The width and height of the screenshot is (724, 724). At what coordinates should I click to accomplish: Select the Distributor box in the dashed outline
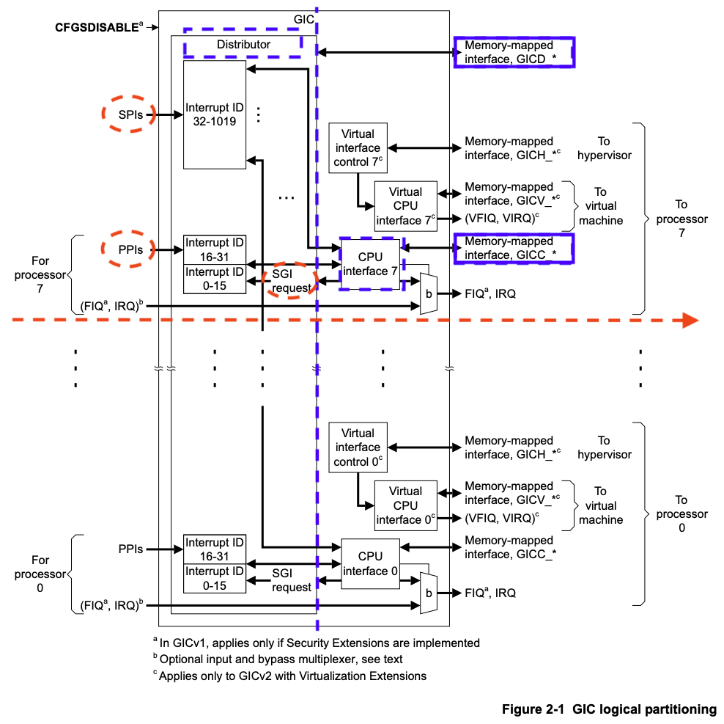pyautogui.click(x=243, y=45)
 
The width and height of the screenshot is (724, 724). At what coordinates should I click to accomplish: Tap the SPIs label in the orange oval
pyautogui.click(x=128, y=114)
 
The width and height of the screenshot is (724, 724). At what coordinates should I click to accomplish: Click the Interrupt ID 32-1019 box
pyautogui.click(x=215, y=114)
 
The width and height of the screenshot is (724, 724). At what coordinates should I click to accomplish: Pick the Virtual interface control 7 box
pyautogui.click(x=358, y=148)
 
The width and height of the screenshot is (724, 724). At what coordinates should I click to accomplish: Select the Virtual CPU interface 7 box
pyautogui.click(x=405, y=205)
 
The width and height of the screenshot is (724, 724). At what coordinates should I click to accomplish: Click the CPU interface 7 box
pyautogui.click(x=372, y=263)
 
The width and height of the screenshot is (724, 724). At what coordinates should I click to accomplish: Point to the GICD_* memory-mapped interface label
pyautogui.click(x=514, y=51)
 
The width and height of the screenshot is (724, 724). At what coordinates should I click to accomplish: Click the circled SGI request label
pyautogui.click(x=291, y=280)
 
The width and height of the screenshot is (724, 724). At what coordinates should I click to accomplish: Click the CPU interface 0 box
pyautogui.click(x=371, y=563)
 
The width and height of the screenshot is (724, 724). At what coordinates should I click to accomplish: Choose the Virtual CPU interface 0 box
pyautogui.click(x=405, y=505)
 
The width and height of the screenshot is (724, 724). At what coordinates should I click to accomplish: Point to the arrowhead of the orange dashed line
pyautogui.click(x=689, y=320)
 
